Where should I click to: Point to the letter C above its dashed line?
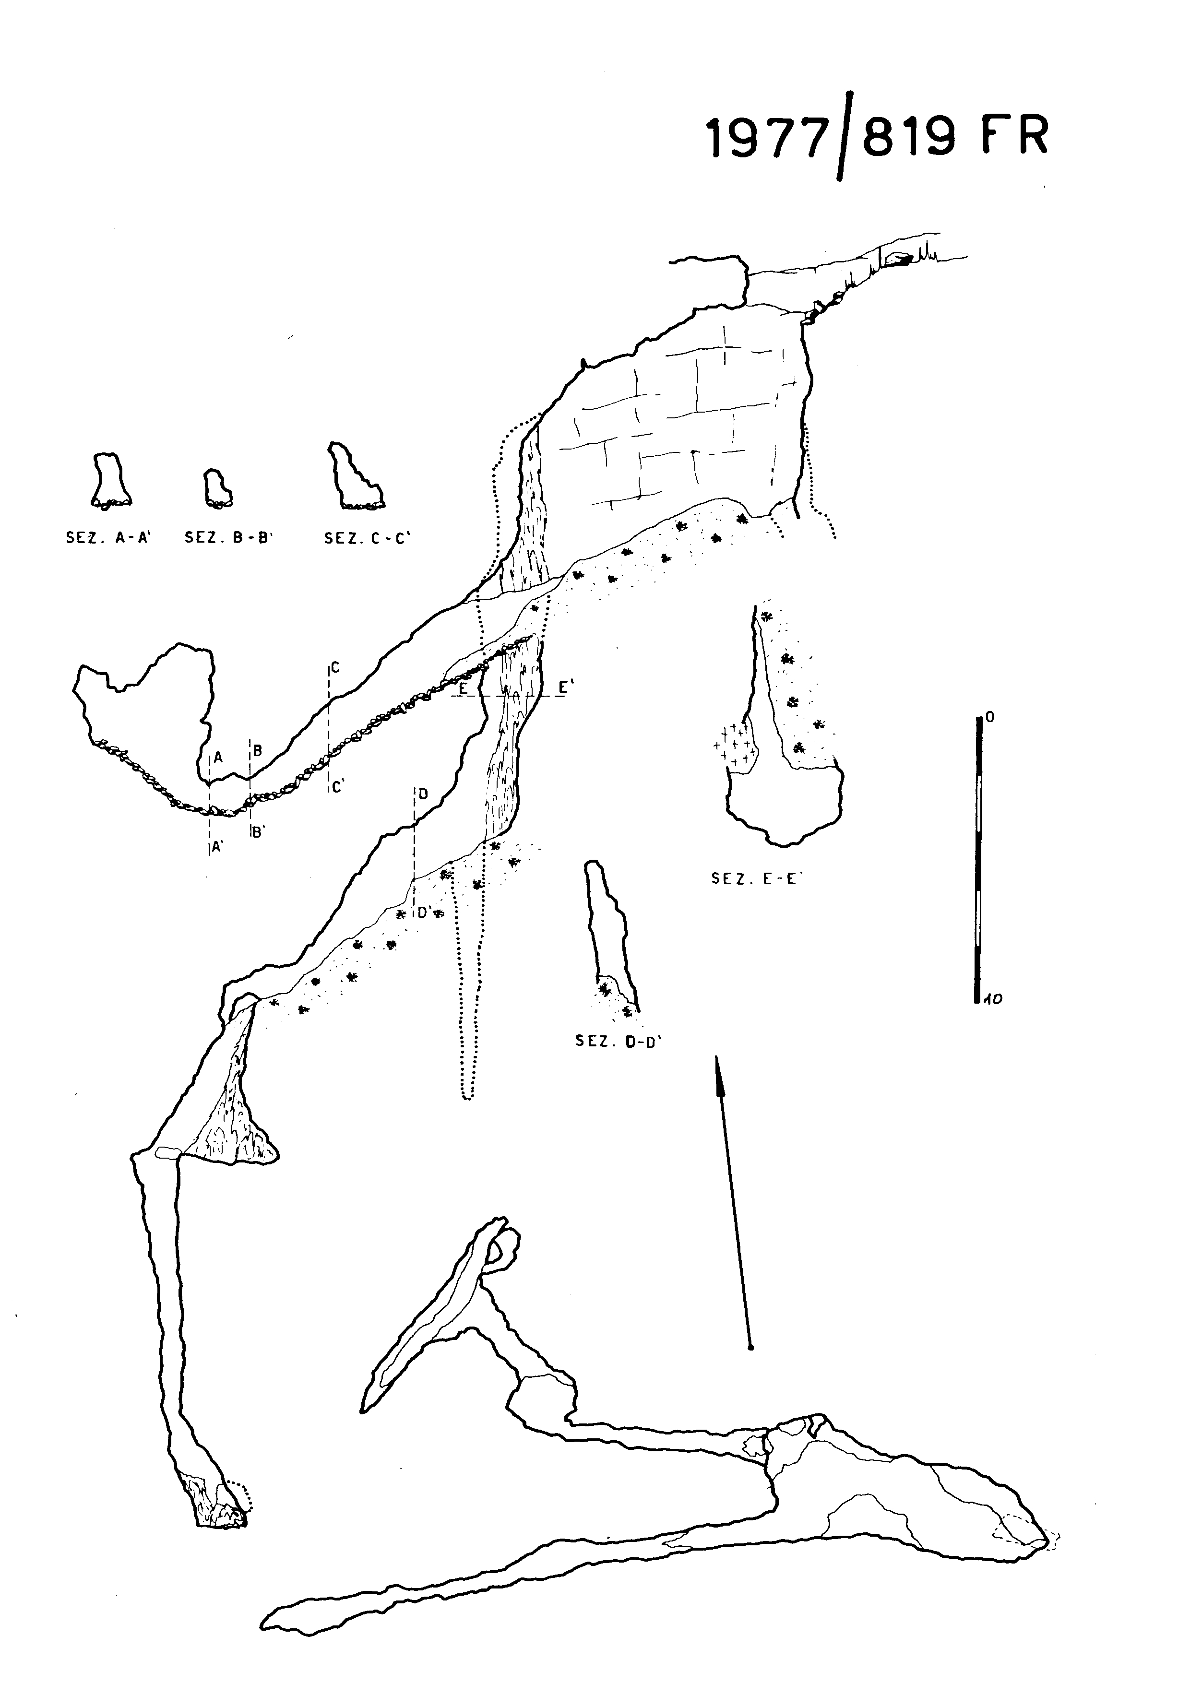(x=335, y=668)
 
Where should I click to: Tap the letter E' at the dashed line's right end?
(x=565, y=687)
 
